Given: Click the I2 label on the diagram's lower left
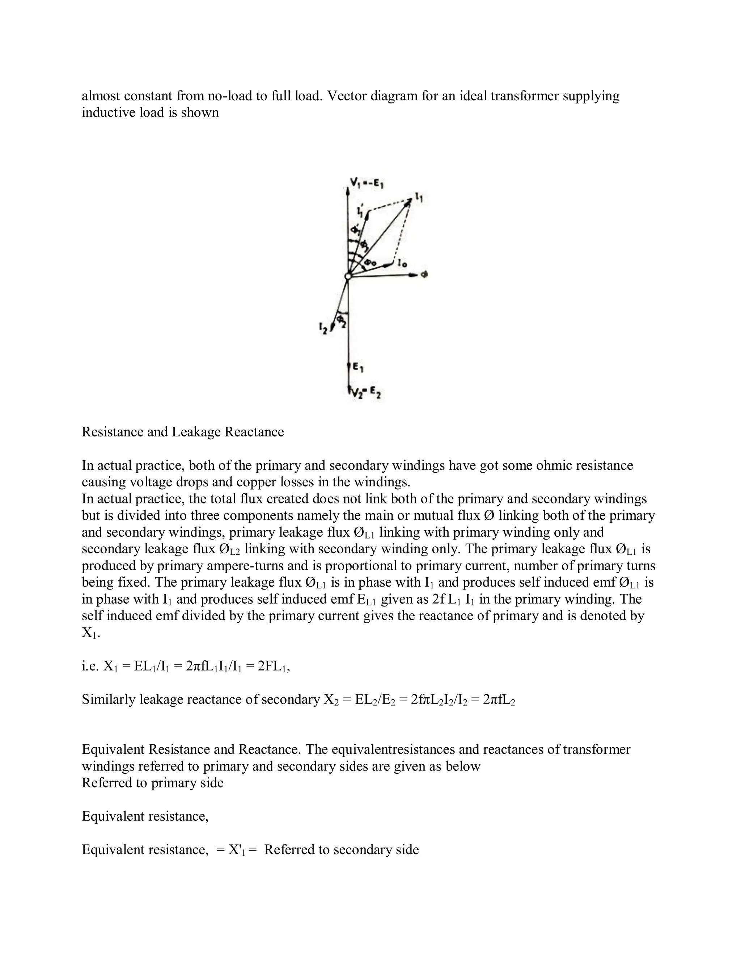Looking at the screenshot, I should pos(323,327).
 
